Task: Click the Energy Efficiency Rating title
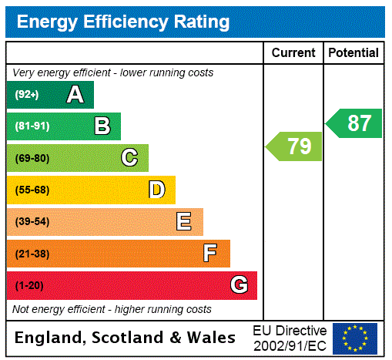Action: [123, 22]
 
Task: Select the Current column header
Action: [293, 52]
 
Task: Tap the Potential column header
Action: [353, 52]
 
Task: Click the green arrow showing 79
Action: [295, 146]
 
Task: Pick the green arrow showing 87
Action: [354, 123]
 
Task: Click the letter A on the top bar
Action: [75, 95]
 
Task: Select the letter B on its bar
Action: [102, 126]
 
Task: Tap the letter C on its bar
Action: [129, 158]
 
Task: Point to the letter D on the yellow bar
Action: [156, 190]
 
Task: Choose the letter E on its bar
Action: [184, 222]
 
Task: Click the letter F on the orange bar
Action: [210, 254]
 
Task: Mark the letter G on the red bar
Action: [239, 285]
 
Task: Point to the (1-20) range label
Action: [29, 285]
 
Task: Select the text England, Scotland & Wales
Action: [126, 338]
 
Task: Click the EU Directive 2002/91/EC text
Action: [290, 338]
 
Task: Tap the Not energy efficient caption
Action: [112, 309]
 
